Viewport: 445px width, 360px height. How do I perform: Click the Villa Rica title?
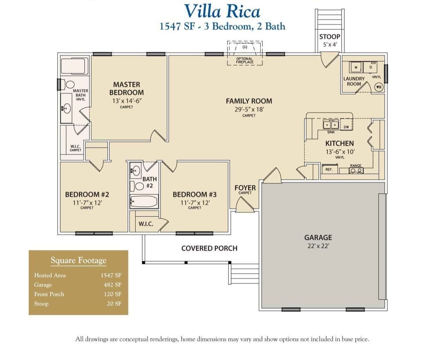click(222, 11)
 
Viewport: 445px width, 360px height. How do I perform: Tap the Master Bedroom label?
click(126, 89)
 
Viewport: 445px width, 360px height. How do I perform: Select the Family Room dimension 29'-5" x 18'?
click(249, 109)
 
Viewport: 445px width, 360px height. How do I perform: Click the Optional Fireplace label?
click(244, 60)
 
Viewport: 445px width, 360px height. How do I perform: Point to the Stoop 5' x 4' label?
click(329, 40)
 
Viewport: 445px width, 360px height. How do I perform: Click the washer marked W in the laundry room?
click(356, 67)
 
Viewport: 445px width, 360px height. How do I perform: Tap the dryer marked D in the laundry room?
click(371, 67)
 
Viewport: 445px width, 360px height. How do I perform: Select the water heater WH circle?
click(379, 87)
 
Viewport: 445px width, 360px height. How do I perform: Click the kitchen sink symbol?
click(331, 125)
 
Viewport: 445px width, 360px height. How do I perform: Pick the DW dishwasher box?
click(346, 127)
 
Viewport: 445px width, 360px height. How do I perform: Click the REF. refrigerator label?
click(329, 170)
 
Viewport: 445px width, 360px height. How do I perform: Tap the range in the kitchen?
click(356, 170)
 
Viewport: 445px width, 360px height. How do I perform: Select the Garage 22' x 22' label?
click(318, 241)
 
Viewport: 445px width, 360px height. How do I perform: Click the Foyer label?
click(245, 188)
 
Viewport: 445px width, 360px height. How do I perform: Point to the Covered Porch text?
click(209, 248)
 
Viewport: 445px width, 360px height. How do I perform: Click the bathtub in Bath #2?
click(144, 201)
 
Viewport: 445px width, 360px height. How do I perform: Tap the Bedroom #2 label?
click(87, 194)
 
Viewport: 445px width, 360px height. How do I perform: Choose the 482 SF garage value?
click(112, 285)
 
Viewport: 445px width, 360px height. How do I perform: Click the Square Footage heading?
click(78, 260)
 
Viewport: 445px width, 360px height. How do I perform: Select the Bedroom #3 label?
click(195, 194)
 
